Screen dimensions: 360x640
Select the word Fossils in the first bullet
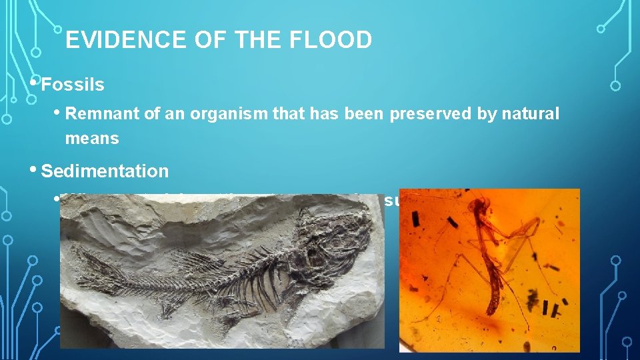73,85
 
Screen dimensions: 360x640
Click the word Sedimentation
105,171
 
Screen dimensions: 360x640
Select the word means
92,139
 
